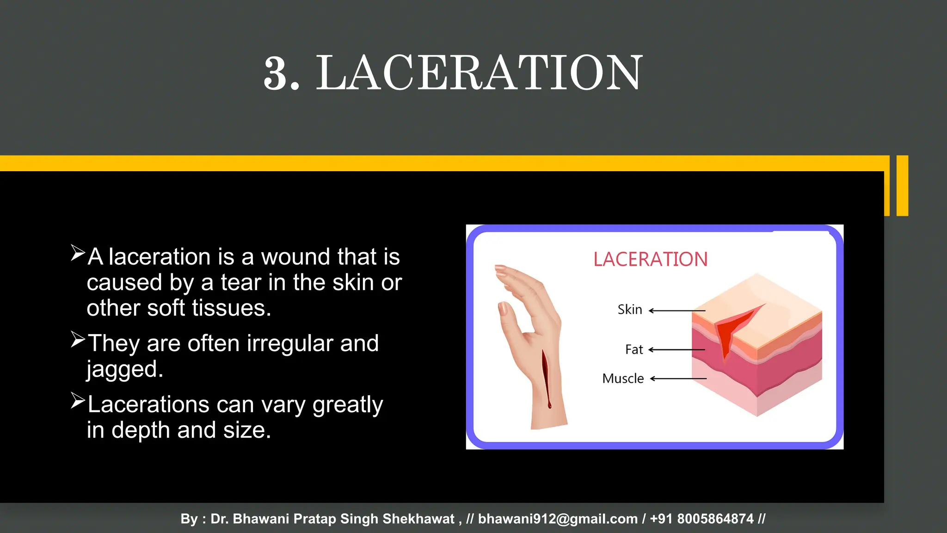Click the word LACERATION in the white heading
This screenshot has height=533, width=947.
[479, 73]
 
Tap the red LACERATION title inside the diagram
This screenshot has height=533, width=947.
[650, 260]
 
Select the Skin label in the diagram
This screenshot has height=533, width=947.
[630, 310]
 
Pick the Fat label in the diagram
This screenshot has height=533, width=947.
[634, 350]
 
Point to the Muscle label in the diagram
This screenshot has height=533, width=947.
[623, 379]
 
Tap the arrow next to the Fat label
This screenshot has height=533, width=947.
[676, 350]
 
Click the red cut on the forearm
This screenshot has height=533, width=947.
[546, 377]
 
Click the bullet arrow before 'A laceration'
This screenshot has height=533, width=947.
[78, 253]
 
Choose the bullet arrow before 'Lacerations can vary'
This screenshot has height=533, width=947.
[78, 401]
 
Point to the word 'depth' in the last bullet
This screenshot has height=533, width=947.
[141, 431]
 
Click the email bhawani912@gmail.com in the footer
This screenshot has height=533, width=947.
[558, 519]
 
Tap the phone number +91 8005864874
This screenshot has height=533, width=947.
[701, 519]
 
